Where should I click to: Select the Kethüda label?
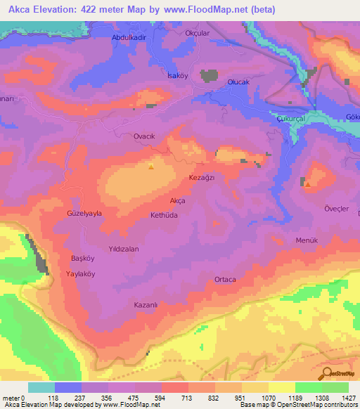click(167, 215)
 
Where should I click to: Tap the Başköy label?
click(82, 257)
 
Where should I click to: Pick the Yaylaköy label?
click(80, 273)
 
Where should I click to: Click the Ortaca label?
click(225, 280)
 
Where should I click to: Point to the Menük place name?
click(307, 240)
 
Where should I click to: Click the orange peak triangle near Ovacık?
click(151, 167)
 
